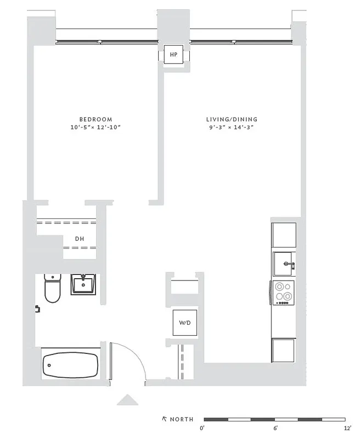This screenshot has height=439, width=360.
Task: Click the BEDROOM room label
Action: pos(95,119)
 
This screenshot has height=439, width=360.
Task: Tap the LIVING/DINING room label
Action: pos(232,119)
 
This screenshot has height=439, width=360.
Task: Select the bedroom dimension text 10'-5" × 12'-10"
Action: pos(95,127)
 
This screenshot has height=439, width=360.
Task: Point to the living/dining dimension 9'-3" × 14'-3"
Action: pos(232,127)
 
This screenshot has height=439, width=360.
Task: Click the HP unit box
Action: pos(174,55)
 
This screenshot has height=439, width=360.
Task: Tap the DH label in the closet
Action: pos(80,239)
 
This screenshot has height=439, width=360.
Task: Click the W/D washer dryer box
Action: pos(184,323)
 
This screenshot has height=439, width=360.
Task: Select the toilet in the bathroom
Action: pos(52,289)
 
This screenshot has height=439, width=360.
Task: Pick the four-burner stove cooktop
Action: pos(284,293)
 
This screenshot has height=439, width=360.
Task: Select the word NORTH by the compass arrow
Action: pos(182,419)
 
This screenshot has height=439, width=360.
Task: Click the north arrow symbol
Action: pos(164,419)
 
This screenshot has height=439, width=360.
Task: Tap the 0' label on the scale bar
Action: pos(202,428)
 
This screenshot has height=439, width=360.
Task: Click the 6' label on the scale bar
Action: pos(275,428)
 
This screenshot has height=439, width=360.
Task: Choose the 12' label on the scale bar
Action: pos(347,428)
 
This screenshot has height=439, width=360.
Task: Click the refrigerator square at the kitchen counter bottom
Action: pos(284,350)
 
